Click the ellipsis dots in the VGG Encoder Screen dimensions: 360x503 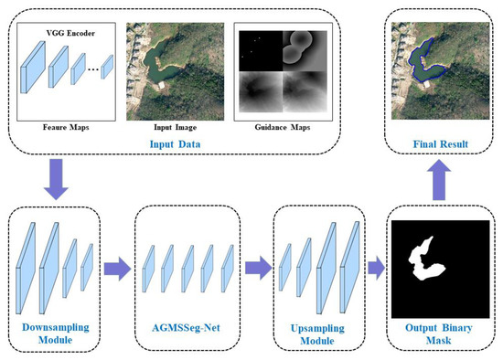pos(91,69)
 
